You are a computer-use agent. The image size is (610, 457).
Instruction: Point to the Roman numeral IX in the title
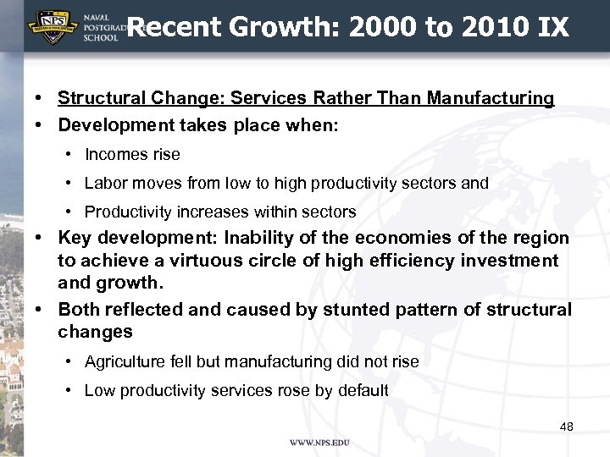[x=553, y=28]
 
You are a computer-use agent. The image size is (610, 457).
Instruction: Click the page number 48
[x=567, y=427]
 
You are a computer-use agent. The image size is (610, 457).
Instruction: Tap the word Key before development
[x=75, y=238]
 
